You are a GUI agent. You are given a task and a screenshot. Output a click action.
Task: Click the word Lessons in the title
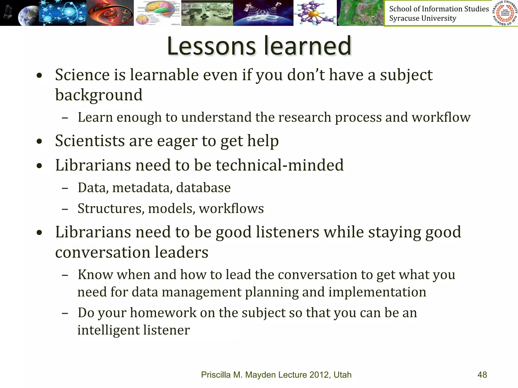pyautogui.click(x=211, y=46)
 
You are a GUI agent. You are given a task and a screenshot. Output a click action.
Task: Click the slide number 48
pyautogui.click(x=482, y=375)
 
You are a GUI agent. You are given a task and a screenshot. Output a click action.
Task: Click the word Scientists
pyautogui.click(x=90, y=141)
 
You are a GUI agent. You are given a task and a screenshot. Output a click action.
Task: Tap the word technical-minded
pyautogui.click(x=279, y=165)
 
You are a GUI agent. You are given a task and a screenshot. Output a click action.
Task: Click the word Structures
pyautogui.click(x=111, y=209)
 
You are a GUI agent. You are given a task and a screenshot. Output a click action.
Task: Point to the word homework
pyautogui.click(x=163, y=313)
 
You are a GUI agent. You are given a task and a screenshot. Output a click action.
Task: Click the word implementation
pyautogui.click(x=377, y=292)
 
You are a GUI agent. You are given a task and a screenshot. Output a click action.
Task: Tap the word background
pyautogui.click(x=99, y=95)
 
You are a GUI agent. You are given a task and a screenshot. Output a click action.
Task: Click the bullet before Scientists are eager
pyautogui.click(x=39, y=141)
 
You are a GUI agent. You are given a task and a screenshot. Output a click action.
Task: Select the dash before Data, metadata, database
pyautogui.click(x=65, y=188)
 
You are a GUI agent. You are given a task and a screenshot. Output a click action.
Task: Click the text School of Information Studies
pyautogui.click(x=439, y=9)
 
